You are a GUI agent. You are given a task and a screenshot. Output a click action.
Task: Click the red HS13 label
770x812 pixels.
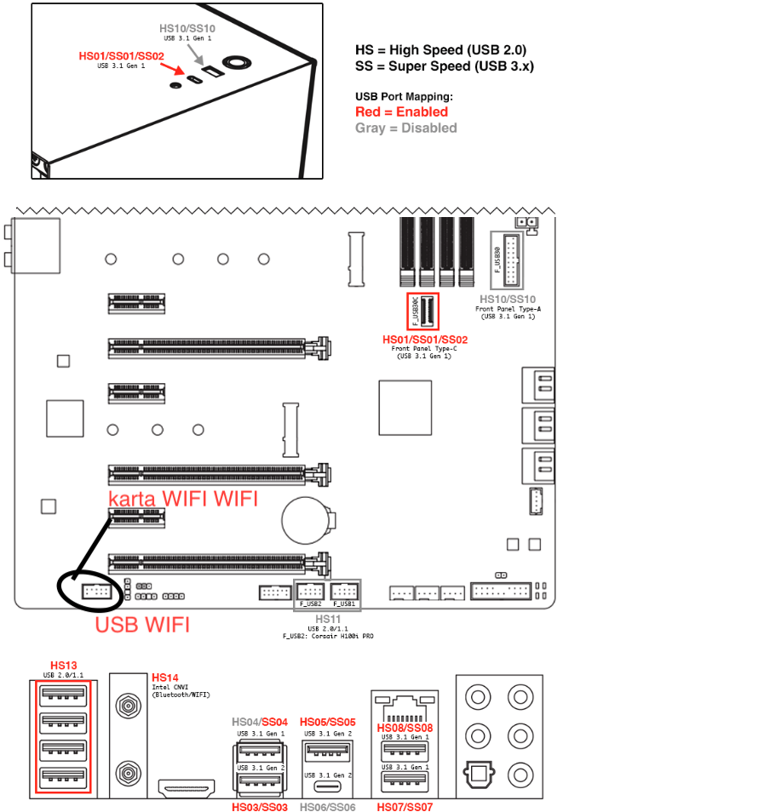click(63, 666)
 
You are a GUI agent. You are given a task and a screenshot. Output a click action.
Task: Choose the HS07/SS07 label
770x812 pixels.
click(405, 806)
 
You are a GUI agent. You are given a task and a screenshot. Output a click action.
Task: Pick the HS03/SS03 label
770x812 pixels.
click(260, 806)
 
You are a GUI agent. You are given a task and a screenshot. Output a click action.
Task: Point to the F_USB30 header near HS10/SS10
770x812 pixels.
click(511, 259)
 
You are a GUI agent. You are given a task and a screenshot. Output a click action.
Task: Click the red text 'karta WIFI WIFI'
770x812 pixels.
click(182, 499)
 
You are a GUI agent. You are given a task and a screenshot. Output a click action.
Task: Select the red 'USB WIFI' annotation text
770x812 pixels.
click(142, 626)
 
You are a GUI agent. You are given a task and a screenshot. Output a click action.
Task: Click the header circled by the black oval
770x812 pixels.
click(95, 591)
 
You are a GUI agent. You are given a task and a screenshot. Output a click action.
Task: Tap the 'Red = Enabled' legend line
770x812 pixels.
click(401, 112)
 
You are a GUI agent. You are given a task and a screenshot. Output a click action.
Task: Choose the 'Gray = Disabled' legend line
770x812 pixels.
click(405, 128)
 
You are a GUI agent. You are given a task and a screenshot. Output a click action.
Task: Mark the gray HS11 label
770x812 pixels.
click(328, 620)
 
